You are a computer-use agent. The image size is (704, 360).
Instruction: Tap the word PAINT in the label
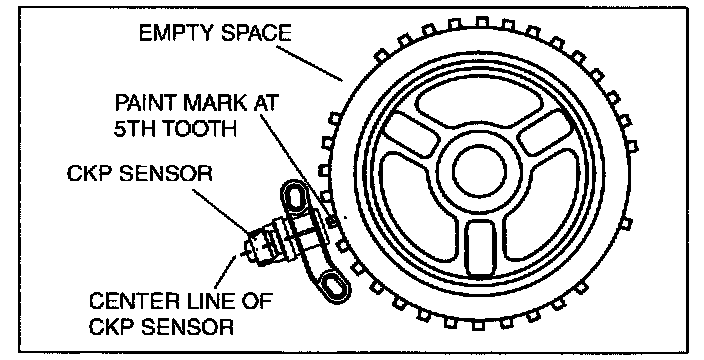(145, 103)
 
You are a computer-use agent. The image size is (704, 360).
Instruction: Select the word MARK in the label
(216, 103)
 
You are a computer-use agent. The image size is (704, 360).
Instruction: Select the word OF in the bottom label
(257, 300)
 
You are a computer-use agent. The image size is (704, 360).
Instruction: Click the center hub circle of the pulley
(480, 171)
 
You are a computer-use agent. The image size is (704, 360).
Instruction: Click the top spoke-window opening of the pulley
(479, 104)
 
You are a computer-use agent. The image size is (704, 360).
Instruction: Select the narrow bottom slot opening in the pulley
(479, 248)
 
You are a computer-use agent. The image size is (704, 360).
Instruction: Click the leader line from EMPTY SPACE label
(308, 63)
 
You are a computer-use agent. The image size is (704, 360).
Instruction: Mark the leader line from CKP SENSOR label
(222, 211)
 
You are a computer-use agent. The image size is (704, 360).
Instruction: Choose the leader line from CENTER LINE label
(226, 272)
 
